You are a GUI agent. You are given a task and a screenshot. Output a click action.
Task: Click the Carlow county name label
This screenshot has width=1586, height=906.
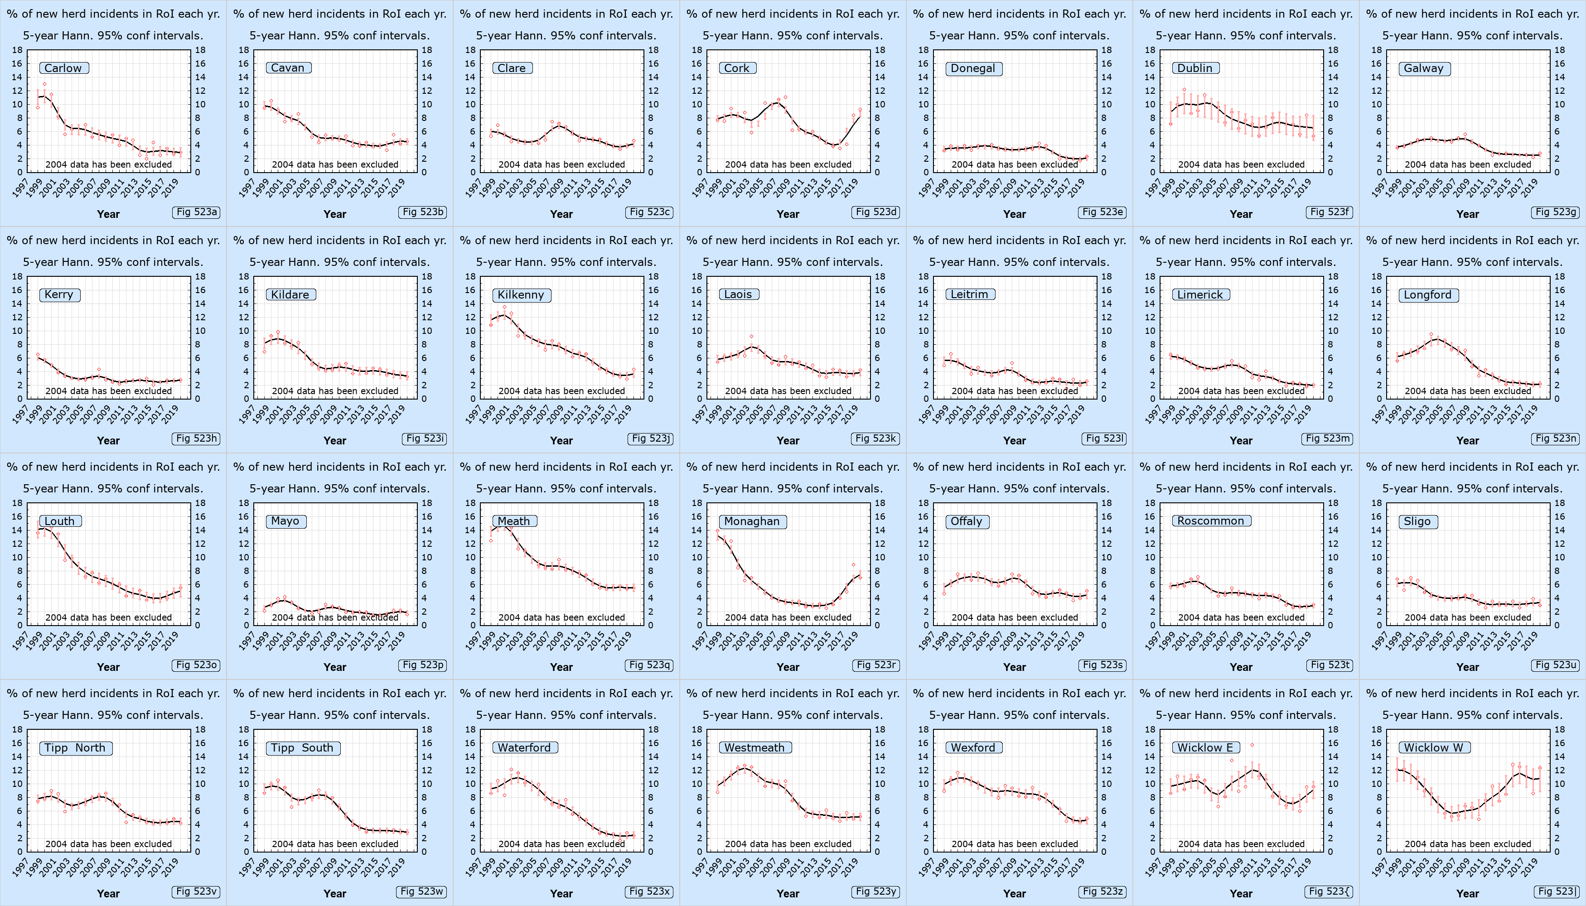tap(63, 68)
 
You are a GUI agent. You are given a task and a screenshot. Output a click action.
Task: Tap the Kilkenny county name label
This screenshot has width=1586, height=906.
tap(521, 294)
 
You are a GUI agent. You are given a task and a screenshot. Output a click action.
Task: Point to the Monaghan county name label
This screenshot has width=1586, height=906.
tap(752, 521)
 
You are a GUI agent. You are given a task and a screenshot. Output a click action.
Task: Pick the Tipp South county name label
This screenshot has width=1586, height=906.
tap(303, 747)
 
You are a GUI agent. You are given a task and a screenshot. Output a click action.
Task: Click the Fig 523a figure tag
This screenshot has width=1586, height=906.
tap(197, 212)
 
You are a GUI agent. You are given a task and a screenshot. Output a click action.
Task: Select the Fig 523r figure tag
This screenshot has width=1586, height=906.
tap(876, 665)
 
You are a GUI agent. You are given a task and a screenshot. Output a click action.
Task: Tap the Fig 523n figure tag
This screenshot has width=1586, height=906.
tap(1556, 438)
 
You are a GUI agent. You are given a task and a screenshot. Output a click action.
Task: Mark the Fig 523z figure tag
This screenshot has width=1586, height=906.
tap(1103, 891)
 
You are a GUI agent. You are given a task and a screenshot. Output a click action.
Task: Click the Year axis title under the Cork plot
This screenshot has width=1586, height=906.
tap(788, 214)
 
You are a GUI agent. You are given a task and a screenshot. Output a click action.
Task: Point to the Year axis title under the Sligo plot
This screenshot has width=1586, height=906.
tap(1468, 667)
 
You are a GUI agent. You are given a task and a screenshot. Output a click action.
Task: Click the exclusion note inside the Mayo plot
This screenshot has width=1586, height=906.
tap(335, 617)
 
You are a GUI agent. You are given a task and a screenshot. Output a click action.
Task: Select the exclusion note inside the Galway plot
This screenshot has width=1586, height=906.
tap(1468, 164)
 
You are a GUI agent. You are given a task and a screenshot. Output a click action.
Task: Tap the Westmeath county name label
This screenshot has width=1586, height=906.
tap(754, 747)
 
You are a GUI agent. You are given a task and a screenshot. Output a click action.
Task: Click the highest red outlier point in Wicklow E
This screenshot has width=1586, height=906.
tap(1252, 745)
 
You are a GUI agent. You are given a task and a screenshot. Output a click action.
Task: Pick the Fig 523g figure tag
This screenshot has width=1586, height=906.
tap(1556, 212)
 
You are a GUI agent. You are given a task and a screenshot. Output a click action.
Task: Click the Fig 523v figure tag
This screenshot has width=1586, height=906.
tap(197, 891)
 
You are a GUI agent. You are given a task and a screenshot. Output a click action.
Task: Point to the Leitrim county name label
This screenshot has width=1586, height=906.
tap(969, 294)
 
